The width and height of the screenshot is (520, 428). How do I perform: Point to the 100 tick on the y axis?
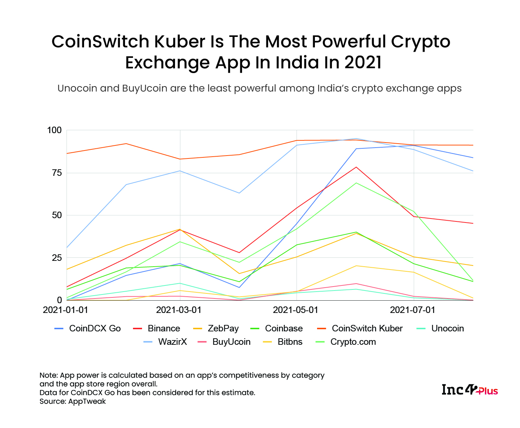pos(54,130)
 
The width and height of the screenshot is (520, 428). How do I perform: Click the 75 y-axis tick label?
pos(57,173)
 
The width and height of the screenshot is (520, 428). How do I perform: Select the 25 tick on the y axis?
pos(57,258)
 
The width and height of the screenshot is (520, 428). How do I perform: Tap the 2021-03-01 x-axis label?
pos(178,310)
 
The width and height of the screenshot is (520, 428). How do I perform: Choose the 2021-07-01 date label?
pos(412,310)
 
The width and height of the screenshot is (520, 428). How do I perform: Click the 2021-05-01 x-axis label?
pos(295,310)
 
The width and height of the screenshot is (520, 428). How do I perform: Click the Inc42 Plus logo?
pos(470,390)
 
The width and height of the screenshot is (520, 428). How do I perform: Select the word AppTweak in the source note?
pos(87,401)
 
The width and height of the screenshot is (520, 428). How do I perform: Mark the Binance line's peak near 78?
pos(356,167)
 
